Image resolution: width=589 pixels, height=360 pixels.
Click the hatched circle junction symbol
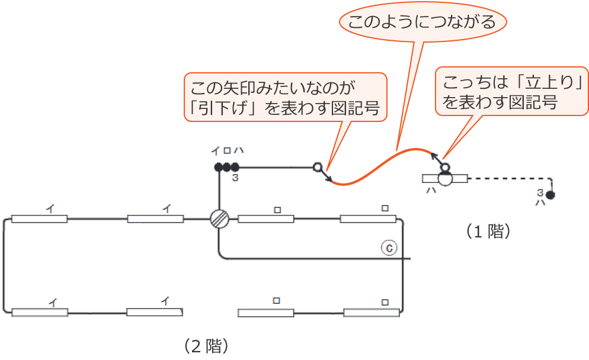click(219, 218)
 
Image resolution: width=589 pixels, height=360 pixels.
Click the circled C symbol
click(389, 248)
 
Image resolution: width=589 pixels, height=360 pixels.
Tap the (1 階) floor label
click(488, 231)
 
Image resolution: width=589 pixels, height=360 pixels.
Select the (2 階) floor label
click(206, 345)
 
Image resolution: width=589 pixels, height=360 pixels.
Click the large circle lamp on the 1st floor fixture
click(445, 178)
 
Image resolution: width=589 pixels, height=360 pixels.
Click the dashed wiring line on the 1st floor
click(510, 178)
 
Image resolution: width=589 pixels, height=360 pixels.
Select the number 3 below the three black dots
click(235, 177)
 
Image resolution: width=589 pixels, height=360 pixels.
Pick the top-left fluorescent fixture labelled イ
click(39, 218)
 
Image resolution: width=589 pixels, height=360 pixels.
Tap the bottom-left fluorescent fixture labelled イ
click(39, 312)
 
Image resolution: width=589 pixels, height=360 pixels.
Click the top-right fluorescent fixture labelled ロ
click(367, 218)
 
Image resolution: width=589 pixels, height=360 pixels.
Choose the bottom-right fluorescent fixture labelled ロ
click(372, 312)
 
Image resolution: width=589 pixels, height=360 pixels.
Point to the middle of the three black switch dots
click(226, 167)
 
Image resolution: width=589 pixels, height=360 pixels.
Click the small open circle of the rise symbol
click(445, 167)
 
